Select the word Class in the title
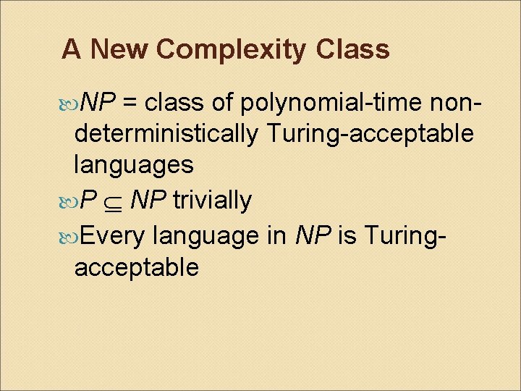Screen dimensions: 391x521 click(x=352, y=49)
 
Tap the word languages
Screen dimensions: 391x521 click(x=133, y=165)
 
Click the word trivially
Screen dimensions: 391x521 click(x=213, y=201)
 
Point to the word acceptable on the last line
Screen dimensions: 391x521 click(x=136, y=267)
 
